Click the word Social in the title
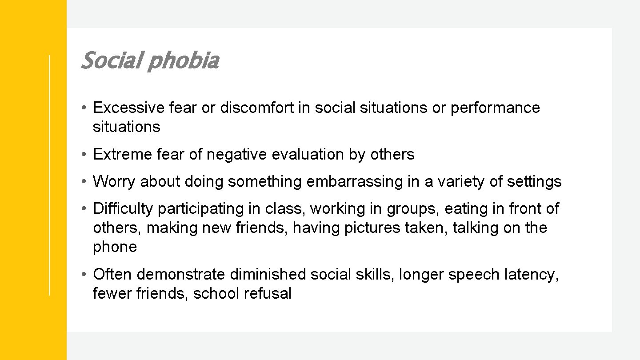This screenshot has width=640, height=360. click(x=111, y=61)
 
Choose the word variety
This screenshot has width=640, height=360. click(x=464, y=182)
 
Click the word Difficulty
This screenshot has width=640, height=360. click(x=123, y=208)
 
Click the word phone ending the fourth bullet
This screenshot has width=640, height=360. click(x=115, y=247)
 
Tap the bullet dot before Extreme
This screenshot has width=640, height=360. click(x=84, y=155)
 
